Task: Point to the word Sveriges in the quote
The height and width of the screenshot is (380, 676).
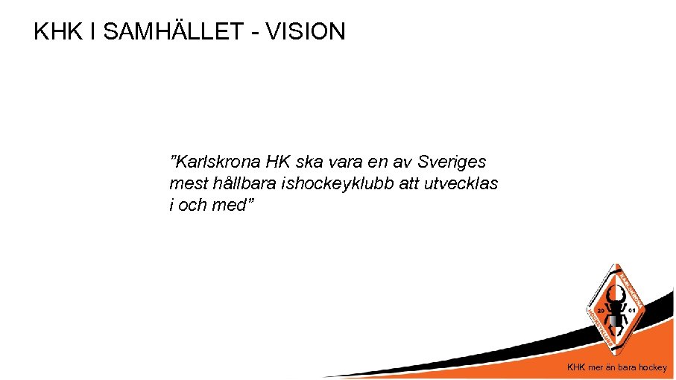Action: point(452,162)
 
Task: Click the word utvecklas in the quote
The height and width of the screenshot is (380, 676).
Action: point(462,183)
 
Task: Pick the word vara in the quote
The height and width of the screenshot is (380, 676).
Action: point(344,162)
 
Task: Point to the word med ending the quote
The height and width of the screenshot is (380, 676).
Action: point(228,204)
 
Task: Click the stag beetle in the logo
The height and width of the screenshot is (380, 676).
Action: point(616,309)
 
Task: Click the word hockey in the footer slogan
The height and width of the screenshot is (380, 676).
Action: point(654,367)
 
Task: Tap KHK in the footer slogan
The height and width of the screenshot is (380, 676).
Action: point(577,367)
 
